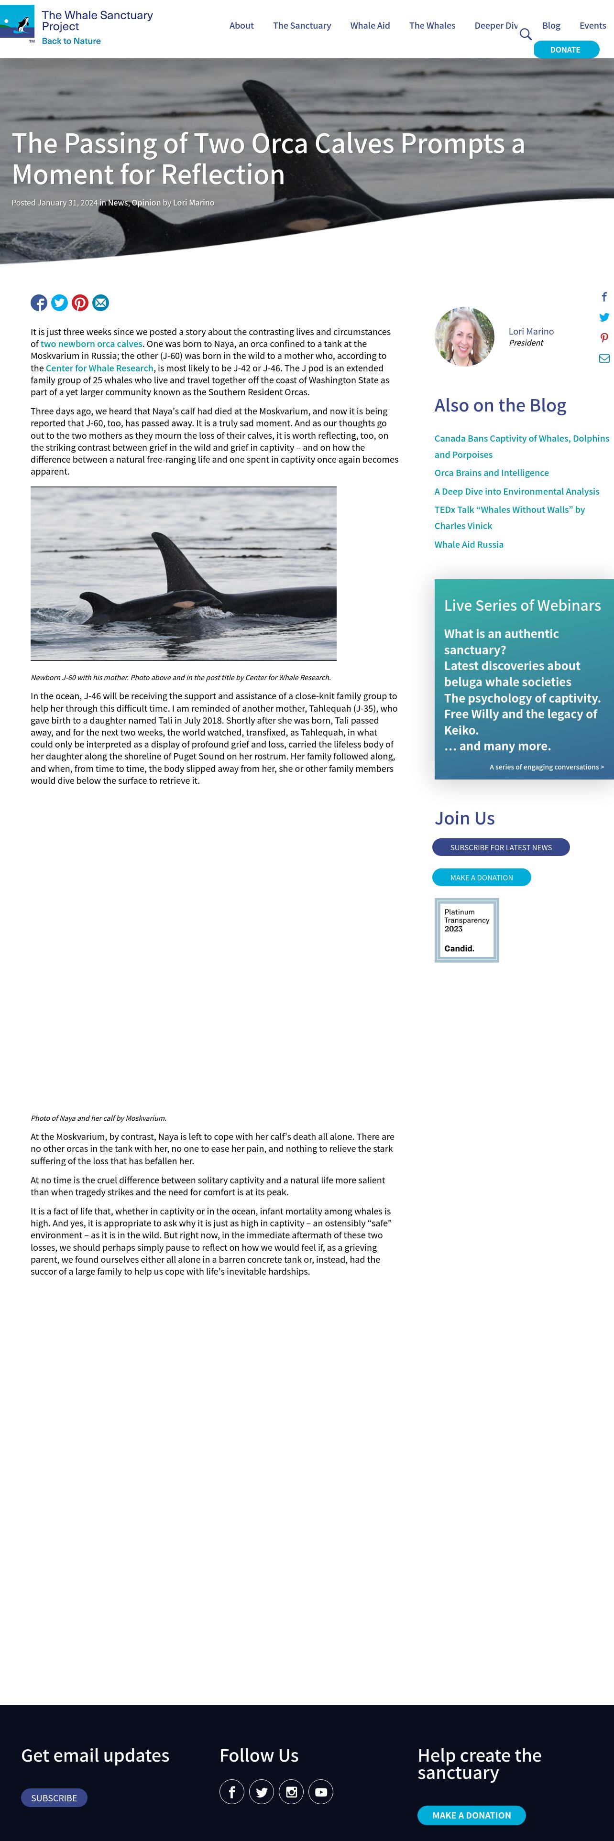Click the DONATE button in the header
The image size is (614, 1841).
click(x=565, y=49)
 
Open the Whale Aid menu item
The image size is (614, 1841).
click(x=370, y=26)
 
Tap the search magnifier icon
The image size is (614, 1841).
click(x=526, y=34)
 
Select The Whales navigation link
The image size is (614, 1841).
click(x=432, y=26)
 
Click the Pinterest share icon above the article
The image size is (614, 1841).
click(x=80, y=303)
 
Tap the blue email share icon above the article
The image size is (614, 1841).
click(x=101, y=303)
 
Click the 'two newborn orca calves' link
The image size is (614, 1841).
click(x=91, y=344)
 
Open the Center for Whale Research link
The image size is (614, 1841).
click(x=99, y=368)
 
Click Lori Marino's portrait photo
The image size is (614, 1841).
click(x=465, y=336)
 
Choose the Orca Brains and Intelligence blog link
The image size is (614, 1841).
click(x=491, y=473)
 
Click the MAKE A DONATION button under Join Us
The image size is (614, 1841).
click(x=481, y=877)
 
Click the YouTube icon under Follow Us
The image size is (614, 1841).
click(x=321, y=1792)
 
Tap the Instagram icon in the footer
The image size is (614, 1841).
click(x=291, y=1792)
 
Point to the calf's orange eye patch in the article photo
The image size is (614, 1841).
click(x=184, y=605)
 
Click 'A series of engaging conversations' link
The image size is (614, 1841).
click(x=546, y=767)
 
